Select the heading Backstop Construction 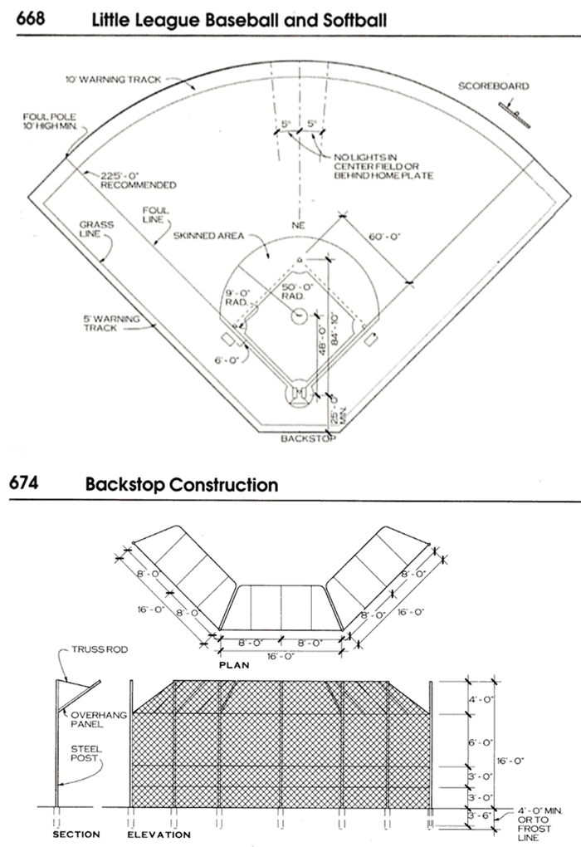pyautogui.click(x=182, y=483)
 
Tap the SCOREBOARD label pyautogui.click(x=492, y=86)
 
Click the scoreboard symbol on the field pyautogui.click(x=515, y=114)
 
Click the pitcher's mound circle pyautogui.click(x=299, y=315)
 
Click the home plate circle pyautogui.click(x=297, y=394)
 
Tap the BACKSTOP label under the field pyautogui.click(x=307, y=438)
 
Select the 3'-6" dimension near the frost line pyautogui.click(x=481, y=816)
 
